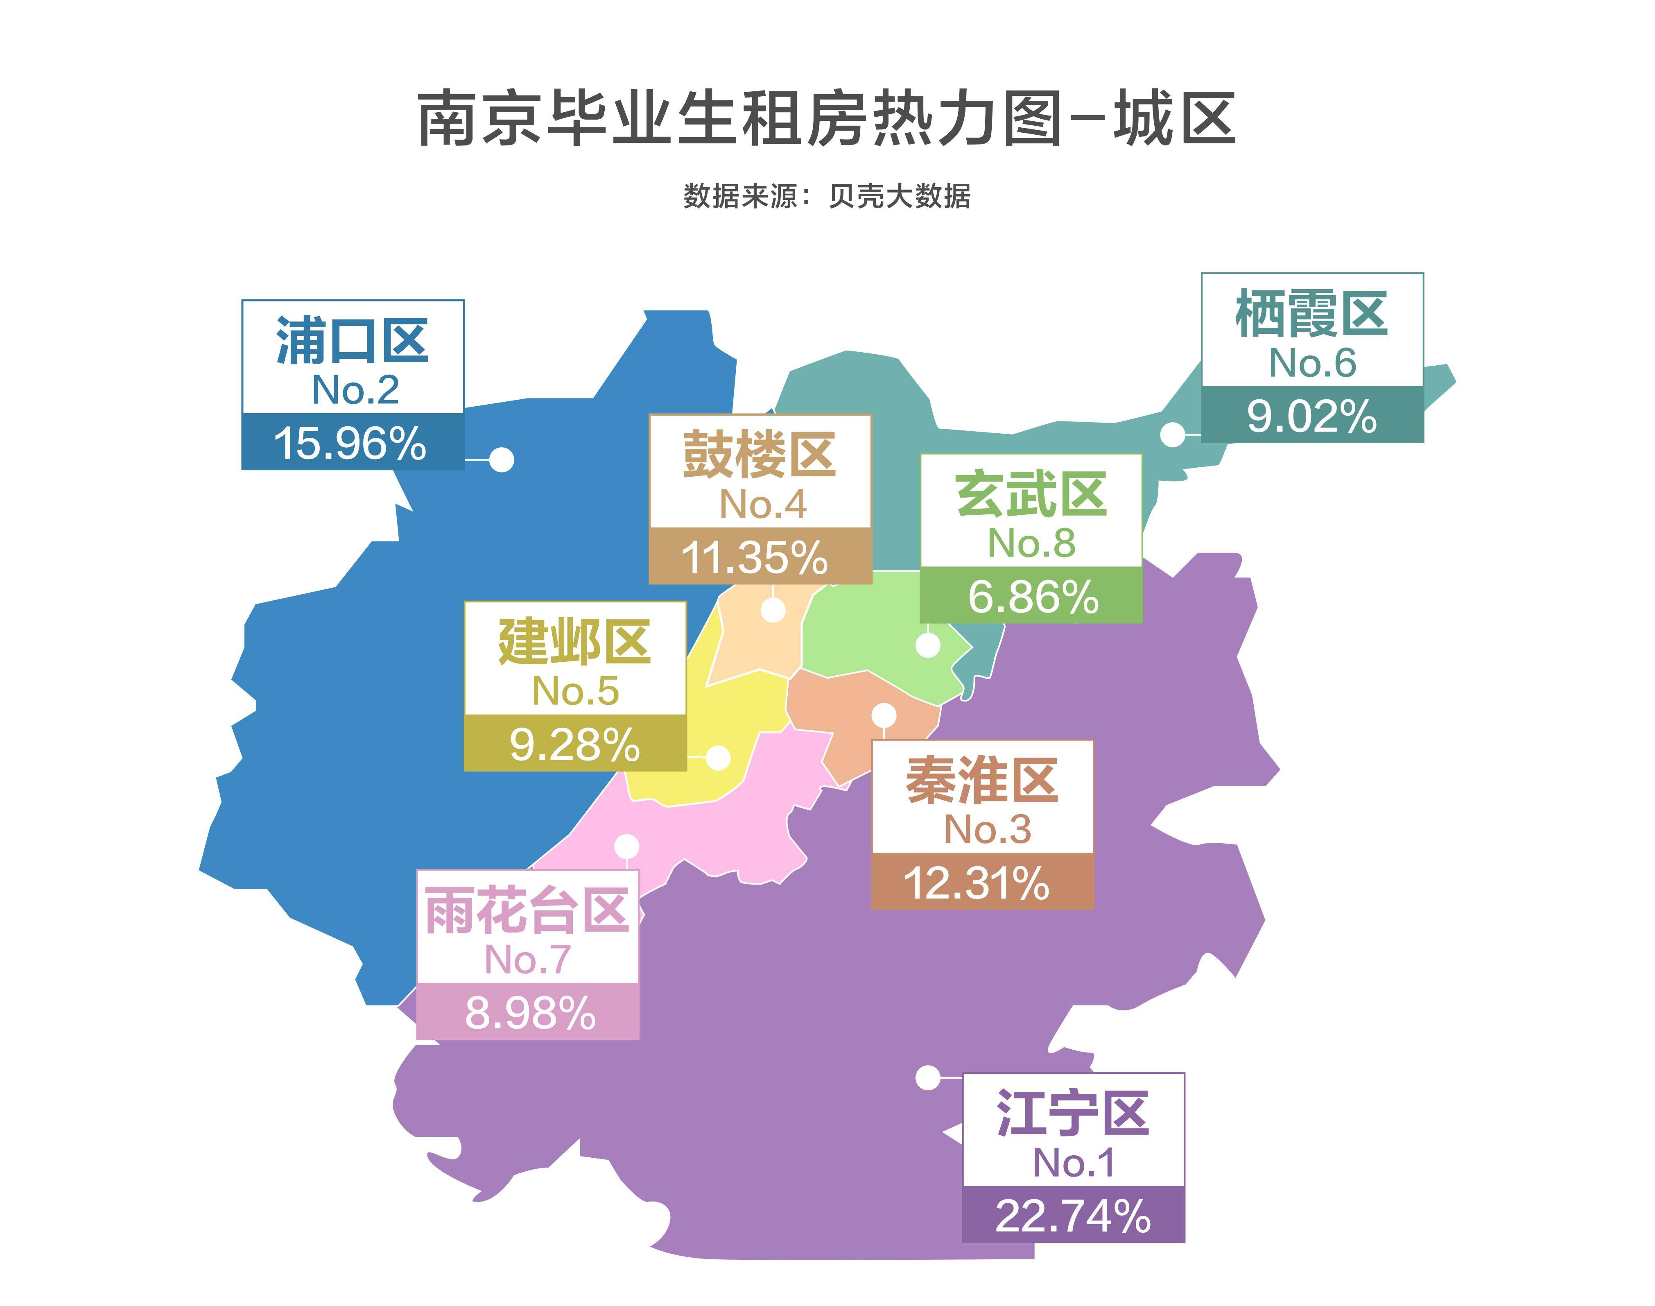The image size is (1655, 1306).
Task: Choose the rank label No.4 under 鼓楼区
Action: point(762,504)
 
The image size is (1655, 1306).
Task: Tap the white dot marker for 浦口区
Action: point(502,459)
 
